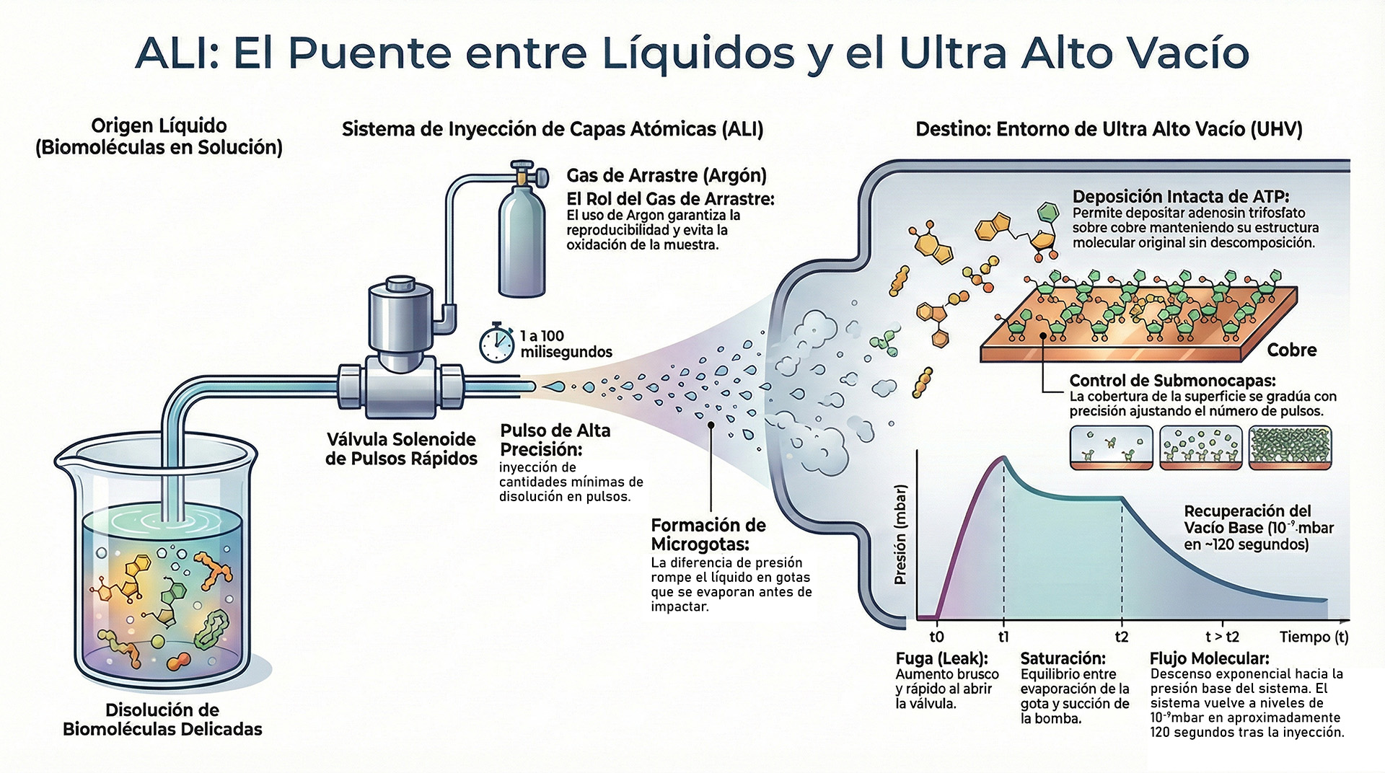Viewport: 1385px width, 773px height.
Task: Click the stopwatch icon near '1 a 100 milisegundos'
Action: [496, 343]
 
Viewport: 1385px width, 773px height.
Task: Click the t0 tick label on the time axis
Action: [936, 637]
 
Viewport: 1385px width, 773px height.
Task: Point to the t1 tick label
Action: [1003, 637]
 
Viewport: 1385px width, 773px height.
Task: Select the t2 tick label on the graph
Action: [1121, 637]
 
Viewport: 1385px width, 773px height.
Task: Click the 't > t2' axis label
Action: [1222, 637]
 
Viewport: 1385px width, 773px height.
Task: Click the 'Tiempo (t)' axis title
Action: [1314, 637]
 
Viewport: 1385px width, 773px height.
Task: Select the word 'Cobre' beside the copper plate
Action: [1291, 350]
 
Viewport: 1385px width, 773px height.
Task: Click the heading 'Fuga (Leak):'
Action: [941, 658]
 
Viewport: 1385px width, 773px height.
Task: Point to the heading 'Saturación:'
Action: [1063, 658]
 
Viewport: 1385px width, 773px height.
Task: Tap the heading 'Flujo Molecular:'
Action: [1209, 658]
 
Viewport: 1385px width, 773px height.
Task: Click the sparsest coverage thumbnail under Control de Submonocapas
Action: [1111, 447]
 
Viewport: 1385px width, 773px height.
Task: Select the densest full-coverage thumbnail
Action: [1290, 447]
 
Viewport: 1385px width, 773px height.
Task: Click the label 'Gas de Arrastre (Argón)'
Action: [666, 175]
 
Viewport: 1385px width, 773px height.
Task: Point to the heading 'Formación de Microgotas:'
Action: [708, 534]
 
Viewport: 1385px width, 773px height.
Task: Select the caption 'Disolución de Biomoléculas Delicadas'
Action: [162, 719]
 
